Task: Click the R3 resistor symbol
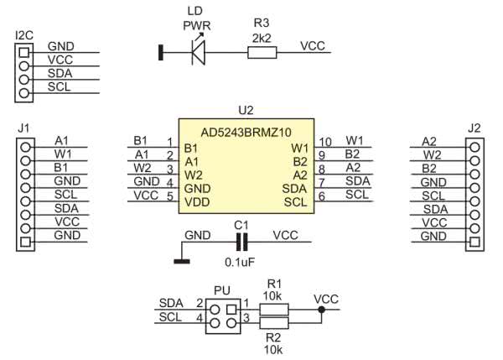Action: [262, 54]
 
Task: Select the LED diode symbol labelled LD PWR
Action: [198, 54]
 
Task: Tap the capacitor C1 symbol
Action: [242, 243]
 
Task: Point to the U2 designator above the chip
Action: [246, 110]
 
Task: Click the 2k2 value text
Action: [261, 38]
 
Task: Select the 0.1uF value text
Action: [241, 262]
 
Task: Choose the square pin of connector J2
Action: [475, 243]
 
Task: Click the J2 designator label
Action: [474, 128]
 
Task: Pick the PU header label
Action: [221, 290]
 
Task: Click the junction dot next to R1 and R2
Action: [321, 309]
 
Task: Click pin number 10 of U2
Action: [326, 140]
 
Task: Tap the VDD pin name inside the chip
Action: [198, 202]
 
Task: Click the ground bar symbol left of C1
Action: [179, 261]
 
